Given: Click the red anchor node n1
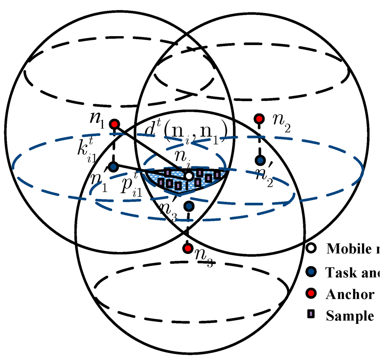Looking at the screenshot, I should (114, 124).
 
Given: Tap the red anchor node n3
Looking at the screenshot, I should (187, 248).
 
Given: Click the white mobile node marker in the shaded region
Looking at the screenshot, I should (189, 176).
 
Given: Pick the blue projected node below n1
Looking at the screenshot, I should (114, 166).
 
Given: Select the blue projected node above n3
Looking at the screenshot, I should (189, 206).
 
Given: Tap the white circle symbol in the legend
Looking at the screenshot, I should (311, 248).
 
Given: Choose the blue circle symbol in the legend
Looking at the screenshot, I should (311, 272).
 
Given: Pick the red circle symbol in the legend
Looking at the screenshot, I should (311, 294).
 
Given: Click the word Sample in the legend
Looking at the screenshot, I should (350, 316).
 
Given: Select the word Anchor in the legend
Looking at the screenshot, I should (350, 294).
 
